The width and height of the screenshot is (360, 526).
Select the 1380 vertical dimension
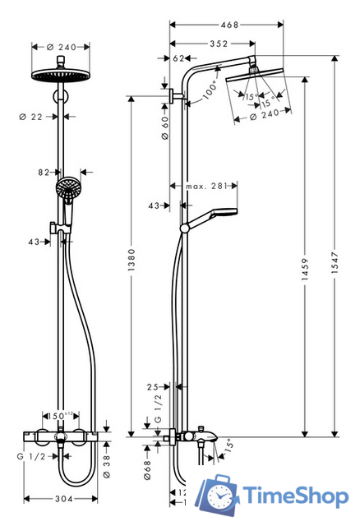[x=132, y=267]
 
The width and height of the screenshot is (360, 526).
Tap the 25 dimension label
[x=152, y=385]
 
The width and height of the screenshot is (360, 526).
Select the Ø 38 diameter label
[x=105, y=468]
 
